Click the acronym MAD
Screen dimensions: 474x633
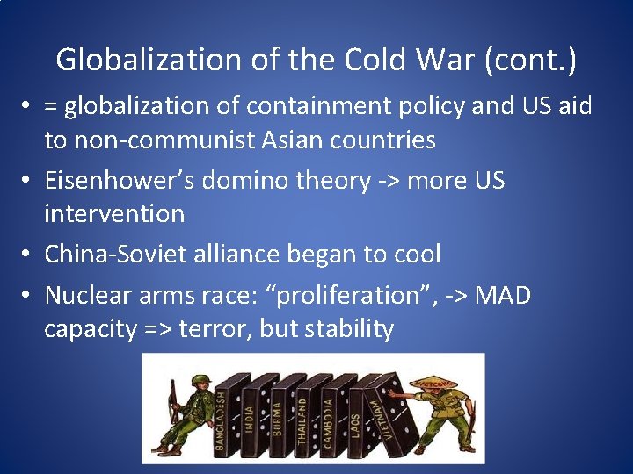(x=502, y=295)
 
